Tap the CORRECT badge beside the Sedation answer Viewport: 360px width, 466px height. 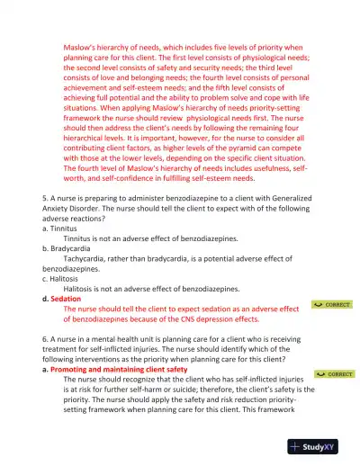[x=334, y=305]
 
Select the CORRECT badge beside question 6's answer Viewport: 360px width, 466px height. [x=334, y=373]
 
